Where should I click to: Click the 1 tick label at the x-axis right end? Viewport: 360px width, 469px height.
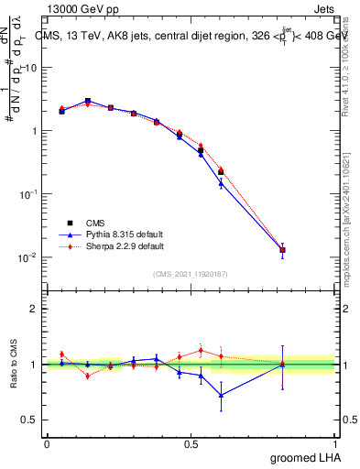(334, 443)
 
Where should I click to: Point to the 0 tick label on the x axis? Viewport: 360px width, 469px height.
(47, 443)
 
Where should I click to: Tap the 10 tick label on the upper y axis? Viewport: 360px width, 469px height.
(31, 68)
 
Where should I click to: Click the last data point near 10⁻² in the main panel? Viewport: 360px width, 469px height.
(283, 249)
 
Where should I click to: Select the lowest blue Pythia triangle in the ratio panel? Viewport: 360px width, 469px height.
(221, 396)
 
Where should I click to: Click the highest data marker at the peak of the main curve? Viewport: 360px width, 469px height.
(88, 101)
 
